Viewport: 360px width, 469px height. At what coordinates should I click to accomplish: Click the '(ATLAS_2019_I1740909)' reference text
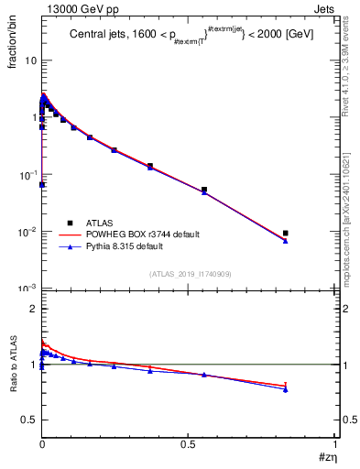[x=189, y=274]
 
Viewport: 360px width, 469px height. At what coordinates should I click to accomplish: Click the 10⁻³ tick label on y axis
[x=27, y=289]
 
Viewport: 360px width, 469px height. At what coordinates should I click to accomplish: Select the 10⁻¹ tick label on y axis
[x=27, y=174]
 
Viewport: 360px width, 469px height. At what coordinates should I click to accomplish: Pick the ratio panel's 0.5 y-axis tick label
[x=29, y=420]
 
